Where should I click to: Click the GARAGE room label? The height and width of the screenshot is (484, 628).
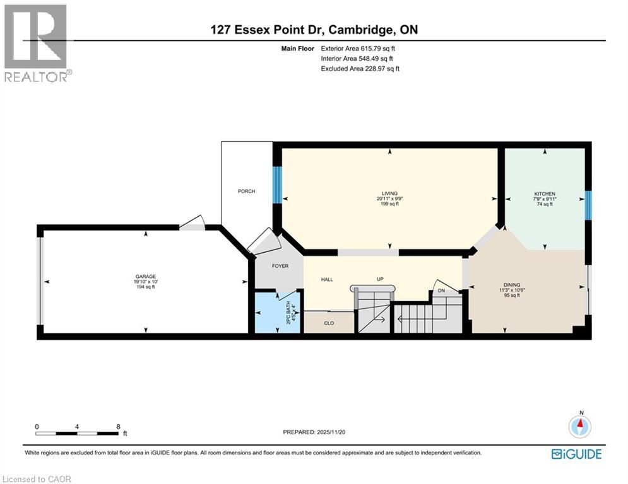pos(145,276)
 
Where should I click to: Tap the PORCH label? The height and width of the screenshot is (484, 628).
pos(246,191)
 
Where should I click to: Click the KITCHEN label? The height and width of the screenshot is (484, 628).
pos(545,194)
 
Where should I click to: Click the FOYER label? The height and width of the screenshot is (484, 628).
pos(280,266)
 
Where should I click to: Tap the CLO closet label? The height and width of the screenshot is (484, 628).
pos(329,323)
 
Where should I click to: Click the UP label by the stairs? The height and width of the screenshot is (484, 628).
pos(381,279)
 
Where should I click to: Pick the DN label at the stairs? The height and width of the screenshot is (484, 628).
pos(442,291)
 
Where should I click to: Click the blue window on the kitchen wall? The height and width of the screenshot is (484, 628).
pos(588,205)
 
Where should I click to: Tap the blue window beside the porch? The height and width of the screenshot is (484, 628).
pos(276,185)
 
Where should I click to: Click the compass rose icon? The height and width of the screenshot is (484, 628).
pos(580,427)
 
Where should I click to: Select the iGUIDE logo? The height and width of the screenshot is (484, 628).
pos(576,454)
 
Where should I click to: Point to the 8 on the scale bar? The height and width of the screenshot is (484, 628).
pos(118,427)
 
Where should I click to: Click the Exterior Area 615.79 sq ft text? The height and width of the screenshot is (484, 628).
pos(360,48)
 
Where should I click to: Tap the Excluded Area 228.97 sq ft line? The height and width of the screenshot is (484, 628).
pos(360,69)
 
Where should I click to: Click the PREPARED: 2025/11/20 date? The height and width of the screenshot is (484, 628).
pos(316,432)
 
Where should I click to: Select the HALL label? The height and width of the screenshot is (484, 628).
pos(327,279)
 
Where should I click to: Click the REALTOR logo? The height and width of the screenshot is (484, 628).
pos(36,42)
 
